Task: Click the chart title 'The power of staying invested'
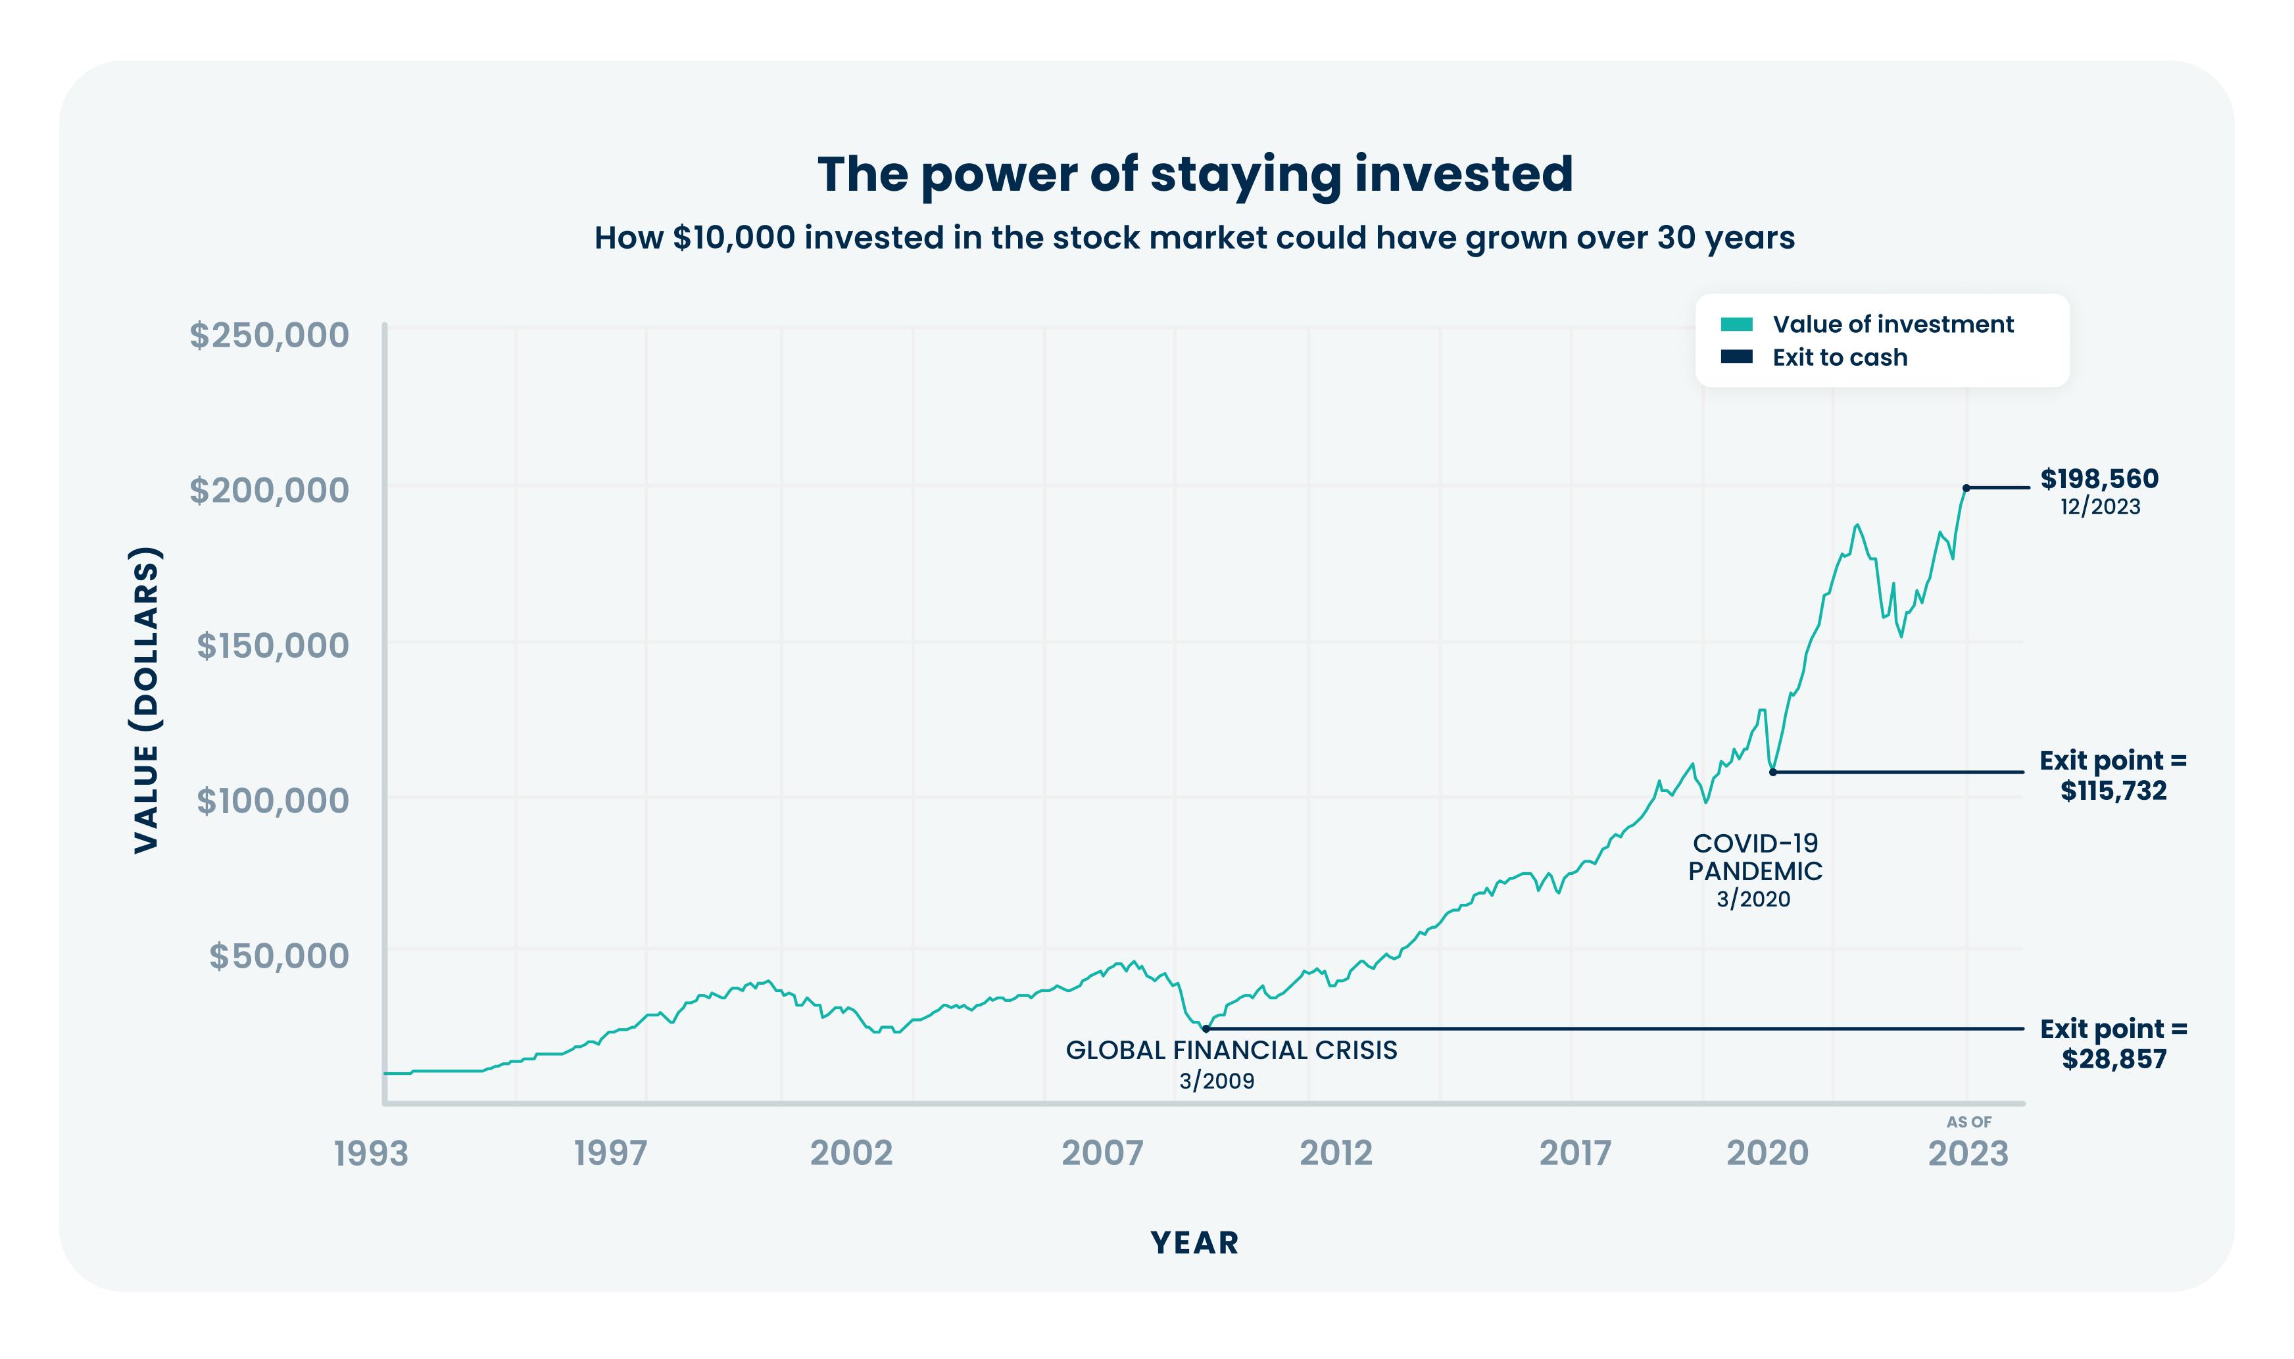pos(1194,174)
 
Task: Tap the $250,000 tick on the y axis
pos(269,335)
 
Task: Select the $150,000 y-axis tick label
pos(273,645)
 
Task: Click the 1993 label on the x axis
pos(371,1154)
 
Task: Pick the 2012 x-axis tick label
pos(1336,1154)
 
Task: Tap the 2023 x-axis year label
pos(1967,1154)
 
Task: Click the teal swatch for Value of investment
pos(1736,324)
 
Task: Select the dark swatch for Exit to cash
pos(1736,357)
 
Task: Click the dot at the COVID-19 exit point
pos(1772,772)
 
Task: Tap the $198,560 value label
pos(2099,479)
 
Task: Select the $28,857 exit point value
pos(2114,1060)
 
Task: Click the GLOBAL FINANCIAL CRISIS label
pos(1231,1050)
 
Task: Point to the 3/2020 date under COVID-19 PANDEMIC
pos(1753,899)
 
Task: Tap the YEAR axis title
pos(1194,1243)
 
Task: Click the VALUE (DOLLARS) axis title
pos(147,701)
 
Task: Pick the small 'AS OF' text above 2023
pos(1968,1122)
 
